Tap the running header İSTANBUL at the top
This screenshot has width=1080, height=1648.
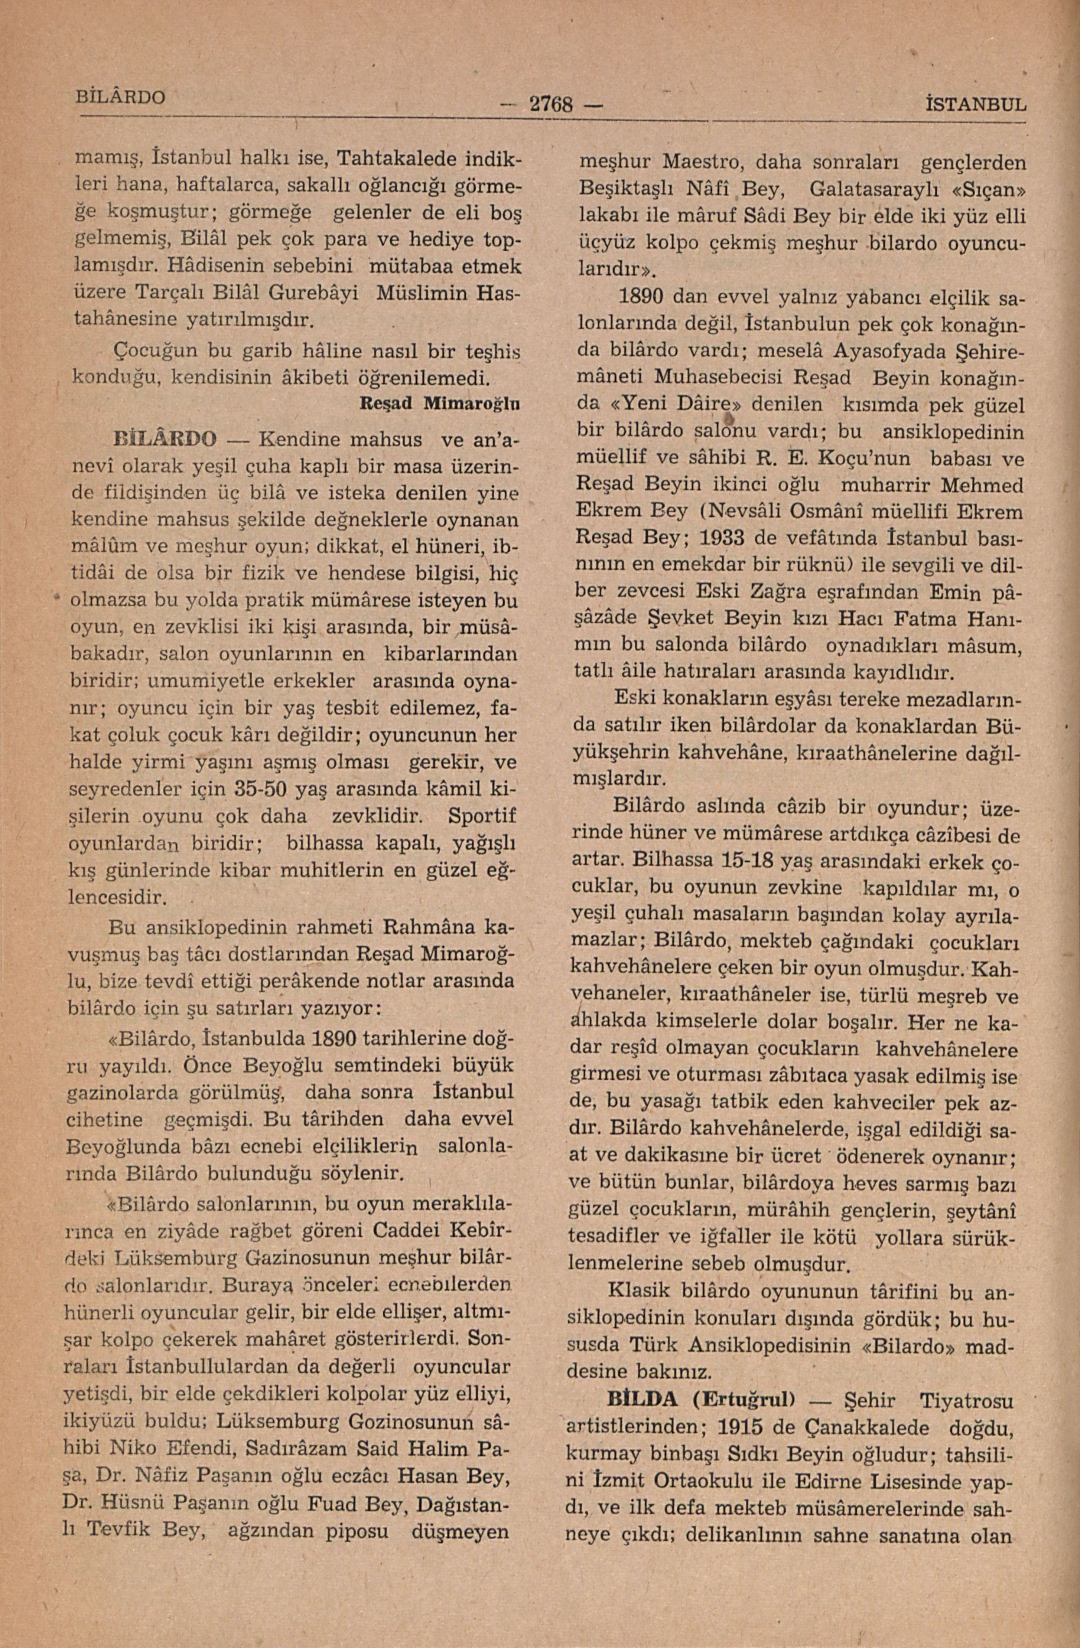click(975, 105)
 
